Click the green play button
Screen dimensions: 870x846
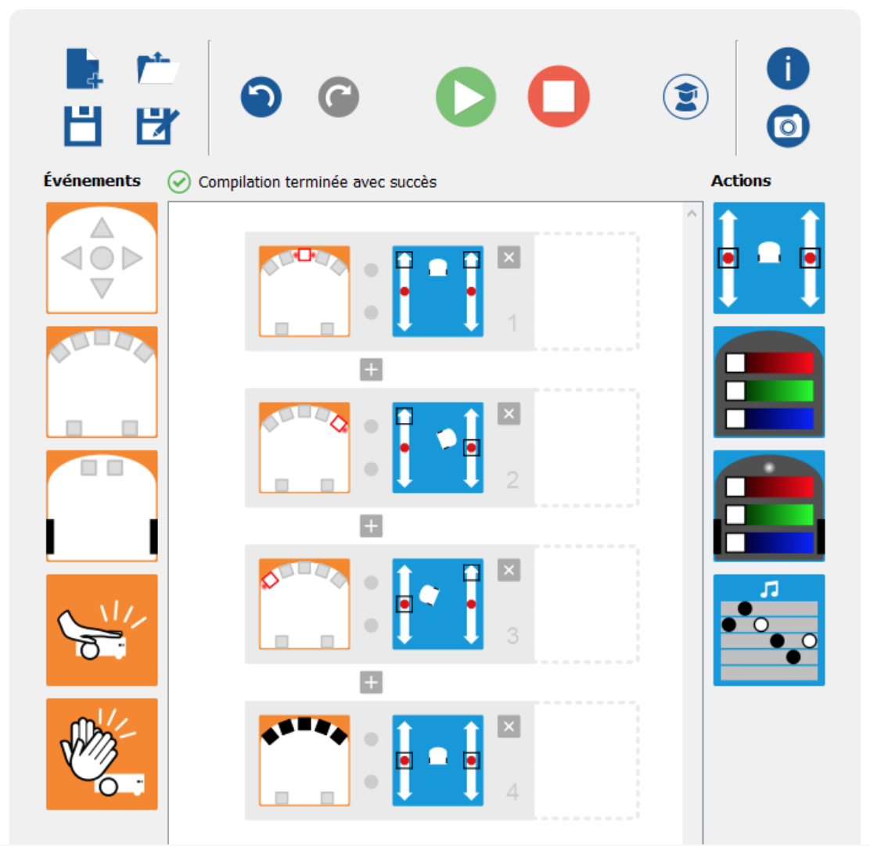tap(466, 97)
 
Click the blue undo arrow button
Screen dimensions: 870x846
tap(261, 97)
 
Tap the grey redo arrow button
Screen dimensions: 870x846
tap(339, 97)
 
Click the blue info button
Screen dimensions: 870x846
tap(788, 69)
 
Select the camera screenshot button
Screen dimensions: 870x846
tap(788, 127)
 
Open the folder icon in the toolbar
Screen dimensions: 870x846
tap(157, 68)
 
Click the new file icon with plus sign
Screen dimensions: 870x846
tap(84, 69)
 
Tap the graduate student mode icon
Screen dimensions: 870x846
tap(685, 97)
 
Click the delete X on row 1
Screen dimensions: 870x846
tap(509, 257)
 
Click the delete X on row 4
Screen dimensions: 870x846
tap(509, 726)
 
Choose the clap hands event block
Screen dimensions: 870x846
tap(102, 754)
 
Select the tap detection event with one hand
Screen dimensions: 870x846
tap(102, 629)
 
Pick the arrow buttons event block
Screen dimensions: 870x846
tap(102, 258)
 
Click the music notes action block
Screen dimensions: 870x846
tap(769, 629)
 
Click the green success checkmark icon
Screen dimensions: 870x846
tap(179, 182)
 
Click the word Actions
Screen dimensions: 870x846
tap(741, 181)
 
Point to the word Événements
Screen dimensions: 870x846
tap(92, 180)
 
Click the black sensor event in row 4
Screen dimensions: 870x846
tap(304, 760)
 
